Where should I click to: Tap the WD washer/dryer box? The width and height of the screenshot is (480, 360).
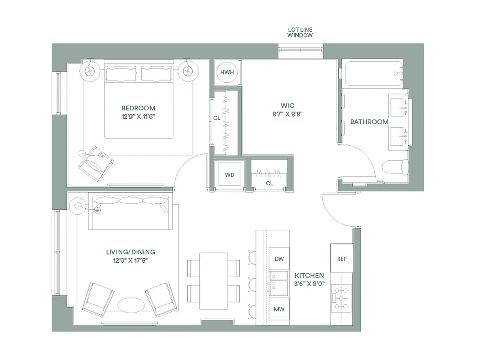point(229,175)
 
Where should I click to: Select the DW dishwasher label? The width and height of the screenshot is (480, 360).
point(279,259)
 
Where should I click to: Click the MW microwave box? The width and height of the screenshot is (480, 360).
point(279,310)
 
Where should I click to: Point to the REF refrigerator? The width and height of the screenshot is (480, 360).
point(342,259)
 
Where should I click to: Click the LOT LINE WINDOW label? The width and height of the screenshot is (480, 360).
point(300,32)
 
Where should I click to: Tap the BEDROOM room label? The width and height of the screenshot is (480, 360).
point(139,108)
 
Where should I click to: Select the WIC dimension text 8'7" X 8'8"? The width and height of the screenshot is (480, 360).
point(287,114)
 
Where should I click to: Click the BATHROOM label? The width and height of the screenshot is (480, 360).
point(369,122)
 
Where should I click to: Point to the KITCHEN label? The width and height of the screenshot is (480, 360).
point(309,275)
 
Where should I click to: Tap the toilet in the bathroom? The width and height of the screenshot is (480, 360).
point(395,167)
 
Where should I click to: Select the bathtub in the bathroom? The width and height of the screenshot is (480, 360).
point(372,73)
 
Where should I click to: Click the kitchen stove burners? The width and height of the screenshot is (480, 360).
point(341,298)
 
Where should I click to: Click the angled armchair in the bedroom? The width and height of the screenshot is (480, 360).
point(95,164)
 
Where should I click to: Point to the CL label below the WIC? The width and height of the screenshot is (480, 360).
point(269,184)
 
